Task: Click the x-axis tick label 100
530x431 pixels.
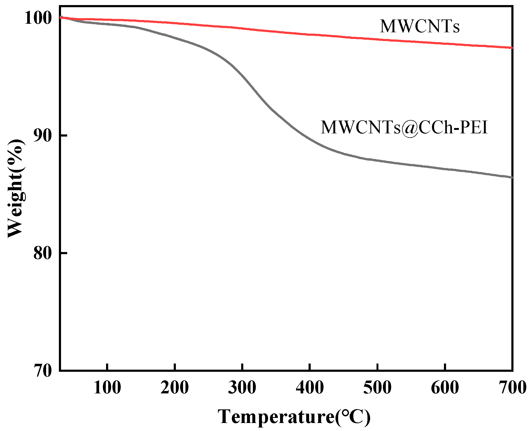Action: click(x=107, y=388)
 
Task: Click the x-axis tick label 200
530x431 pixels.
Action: click(x=175, y=388)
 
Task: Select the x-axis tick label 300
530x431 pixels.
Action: click(x=242, y=388)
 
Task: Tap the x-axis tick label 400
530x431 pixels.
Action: click(x=310, y=388)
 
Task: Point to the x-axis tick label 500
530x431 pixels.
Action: click(x=377, y=388)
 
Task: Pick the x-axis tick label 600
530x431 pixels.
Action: click(x=445, y=388)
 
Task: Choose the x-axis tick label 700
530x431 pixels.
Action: click(x=512, y=388)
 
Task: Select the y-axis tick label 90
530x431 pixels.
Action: click(x=43, y=136)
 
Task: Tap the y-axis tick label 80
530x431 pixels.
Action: click(x=43, y=253)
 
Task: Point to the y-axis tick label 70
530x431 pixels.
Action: click(x=43, y=370)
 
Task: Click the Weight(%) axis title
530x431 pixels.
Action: click(x=16, y=188)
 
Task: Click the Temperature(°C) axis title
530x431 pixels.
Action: click(x=294, y=417)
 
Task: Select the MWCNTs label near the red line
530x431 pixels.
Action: click(x=420, y=26)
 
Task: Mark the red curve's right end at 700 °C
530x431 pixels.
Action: click(x=511, y=48)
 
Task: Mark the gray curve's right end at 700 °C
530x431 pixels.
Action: click(x=511, y=177)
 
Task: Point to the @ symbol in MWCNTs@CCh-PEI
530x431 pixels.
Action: click(x=410, y=128)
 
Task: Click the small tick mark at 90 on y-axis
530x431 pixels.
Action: click(x=63, y=136)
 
